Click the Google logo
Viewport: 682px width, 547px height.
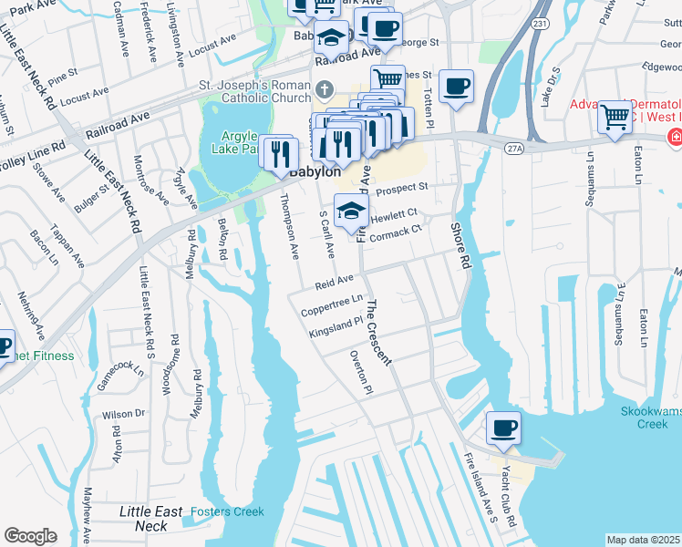click(x=30, y=535)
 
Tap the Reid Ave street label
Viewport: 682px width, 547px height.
click(x=334, y=283)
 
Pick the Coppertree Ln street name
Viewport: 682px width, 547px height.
click(x=333, y=305)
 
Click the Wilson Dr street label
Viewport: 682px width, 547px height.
click(x=124, y=413)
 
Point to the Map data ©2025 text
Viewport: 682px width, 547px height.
click(x=643, y=540)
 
